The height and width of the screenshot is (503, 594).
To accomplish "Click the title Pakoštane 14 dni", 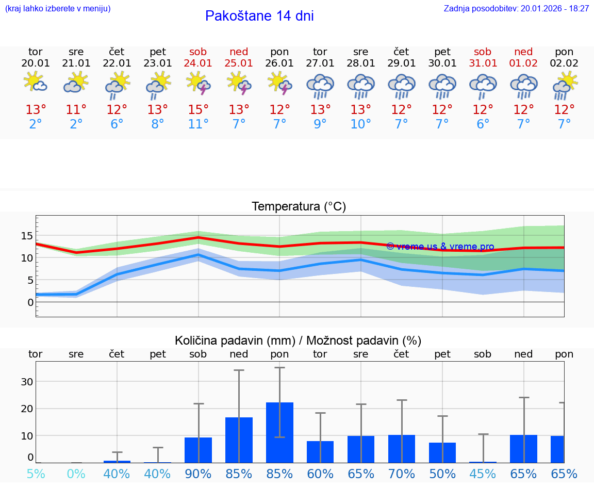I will [259, 16].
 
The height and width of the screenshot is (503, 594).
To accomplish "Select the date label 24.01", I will [198, 63].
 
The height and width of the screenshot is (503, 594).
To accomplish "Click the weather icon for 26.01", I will [279, 84].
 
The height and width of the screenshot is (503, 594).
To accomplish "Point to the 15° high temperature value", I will [198, 109].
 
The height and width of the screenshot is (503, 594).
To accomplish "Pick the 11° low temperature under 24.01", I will [198, 124].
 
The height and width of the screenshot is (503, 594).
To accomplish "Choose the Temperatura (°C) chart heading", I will [299, 207].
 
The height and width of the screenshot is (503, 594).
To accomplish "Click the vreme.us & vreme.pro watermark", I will [440, 247].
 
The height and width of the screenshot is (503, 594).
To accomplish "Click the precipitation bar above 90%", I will [198, 450].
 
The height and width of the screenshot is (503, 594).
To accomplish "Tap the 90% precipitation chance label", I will [198, 474].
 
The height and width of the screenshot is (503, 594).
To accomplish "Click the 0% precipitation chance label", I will [76, 474].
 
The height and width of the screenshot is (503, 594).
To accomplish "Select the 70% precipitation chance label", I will [401, 474].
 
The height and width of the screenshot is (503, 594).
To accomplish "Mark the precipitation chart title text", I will [298, 340].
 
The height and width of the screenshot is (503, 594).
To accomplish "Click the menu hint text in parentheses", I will [58, 8].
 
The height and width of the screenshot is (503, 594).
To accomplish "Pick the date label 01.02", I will [523, 63].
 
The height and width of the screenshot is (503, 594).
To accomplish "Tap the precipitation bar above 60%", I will [320, 452].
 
